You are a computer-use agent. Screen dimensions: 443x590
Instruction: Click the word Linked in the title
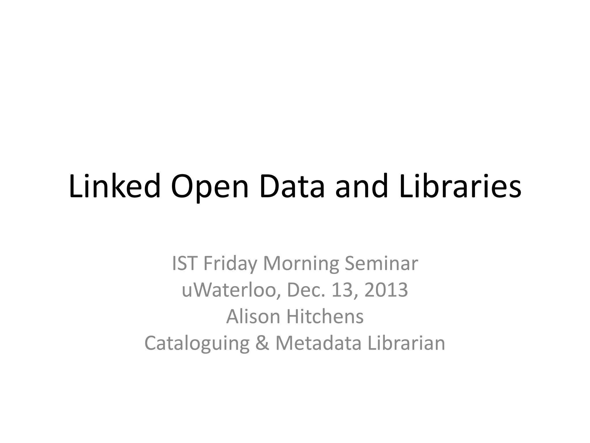point(115,187)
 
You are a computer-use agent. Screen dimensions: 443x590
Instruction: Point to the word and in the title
point(362,187)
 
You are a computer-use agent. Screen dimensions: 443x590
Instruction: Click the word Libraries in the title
point(460,187)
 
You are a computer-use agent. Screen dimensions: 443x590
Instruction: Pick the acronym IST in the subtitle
point(184,264)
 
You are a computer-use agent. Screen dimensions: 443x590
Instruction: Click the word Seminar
point(381,264)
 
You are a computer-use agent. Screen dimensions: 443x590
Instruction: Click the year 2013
point(386,290)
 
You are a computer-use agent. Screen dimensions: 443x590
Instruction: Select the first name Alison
point(253,317)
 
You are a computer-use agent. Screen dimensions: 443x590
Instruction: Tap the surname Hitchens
point(325,317)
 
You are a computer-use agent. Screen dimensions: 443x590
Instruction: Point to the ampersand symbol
point(262,343)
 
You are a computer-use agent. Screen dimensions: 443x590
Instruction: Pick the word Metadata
point(318,343)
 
